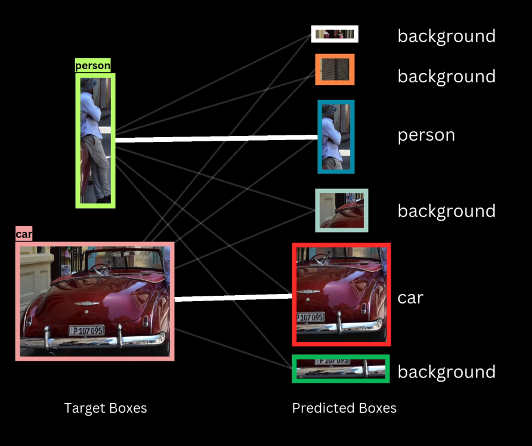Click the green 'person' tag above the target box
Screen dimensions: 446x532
(93, 66)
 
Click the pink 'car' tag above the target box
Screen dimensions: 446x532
(24, 234)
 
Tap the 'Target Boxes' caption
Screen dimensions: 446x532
(106, 408)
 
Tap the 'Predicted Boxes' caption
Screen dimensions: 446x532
(344, 408)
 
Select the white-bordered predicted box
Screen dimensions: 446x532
(335, 34)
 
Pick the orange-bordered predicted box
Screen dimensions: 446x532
(335, 70)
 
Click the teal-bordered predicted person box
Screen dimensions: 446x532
(336, 137)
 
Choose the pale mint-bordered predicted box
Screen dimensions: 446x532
(342, 210)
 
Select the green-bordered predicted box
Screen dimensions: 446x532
(341, 368)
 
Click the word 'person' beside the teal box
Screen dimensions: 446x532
(426, 135)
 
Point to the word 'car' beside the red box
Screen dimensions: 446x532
(410, 298)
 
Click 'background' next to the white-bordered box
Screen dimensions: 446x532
(446, 36)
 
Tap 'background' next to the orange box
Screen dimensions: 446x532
(446, 77)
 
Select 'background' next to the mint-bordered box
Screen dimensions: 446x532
(446, 211)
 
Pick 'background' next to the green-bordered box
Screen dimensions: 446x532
(446, 372)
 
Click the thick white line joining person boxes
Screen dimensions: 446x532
(215, 139)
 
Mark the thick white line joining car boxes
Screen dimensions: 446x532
(233, 298)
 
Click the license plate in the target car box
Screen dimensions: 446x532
(86, 330)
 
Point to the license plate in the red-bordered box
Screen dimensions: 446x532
(311, 317)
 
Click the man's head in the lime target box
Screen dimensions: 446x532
(89, 85)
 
